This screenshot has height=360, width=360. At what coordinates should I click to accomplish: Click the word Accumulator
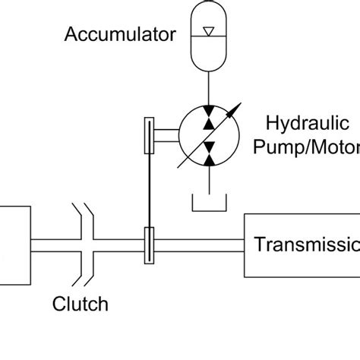point(121,34)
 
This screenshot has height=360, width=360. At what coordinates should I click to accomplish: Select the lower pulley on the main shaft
point(150,245)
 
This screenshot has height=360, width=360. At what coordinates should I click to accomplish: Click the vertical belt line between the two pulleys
point(150,190)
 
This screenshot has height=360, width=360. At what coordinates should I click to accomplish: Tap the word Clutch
point(80,305)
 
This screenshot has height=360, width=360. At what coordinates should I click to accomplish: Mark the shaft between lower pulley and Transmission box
point(199,245)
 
